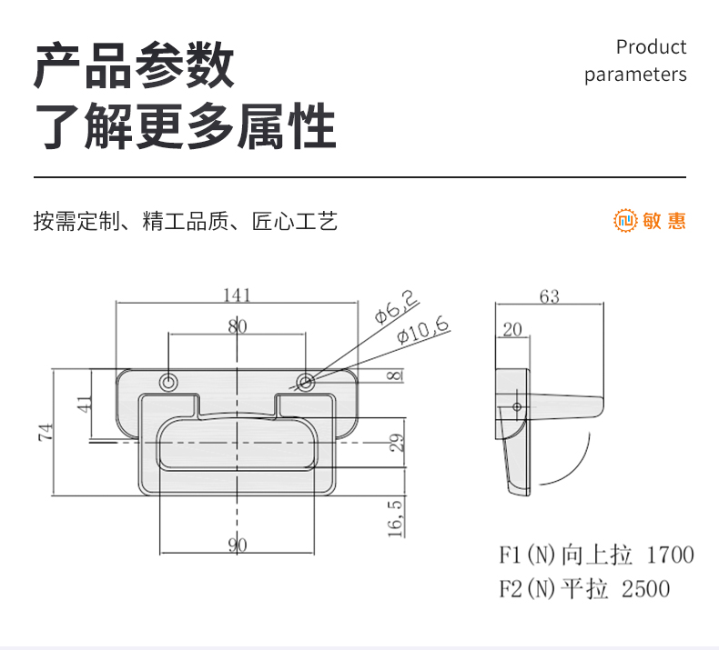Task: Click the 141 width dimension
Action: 237,295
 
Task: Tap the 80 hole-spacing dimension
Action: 237,326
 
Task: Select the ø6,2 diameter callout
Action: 396,306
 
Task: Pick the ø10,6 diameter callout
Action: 422,329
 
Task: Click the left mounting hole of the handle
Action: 168,382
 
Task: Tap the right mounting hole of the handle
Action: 306,382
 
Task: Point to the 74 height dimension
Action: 46,433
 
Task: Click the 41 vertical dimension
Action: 84,404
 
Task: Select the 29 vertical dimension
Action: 397,443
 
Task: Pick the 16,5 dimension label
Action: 395,518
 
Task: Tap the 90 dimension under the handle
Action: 238,545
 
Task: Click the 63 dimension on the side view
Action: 550,297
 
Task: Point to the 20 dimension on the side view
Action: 512,329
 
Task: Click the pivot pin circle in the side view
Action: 517,406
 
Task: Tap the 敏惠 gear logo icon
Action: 625,220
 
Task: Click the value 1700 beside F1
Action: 670,555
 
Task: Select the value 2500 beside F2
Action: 645,589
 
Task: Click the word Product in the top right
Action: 651,47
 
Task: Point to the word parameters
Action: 635,75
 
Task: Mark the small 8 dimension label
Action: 394,375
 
